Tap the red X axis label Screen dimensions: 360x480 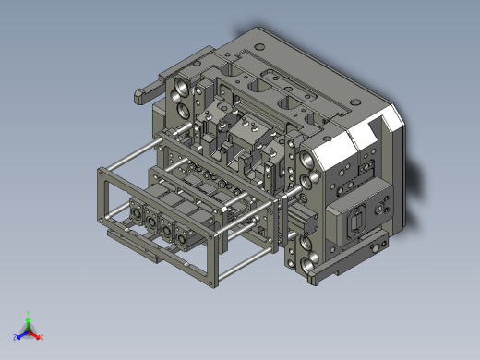tap(42, 337)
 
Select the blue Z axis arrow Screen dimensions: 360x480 tap(18, 336)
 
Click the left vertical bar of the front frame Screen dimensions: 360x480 tap(100, 197)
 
